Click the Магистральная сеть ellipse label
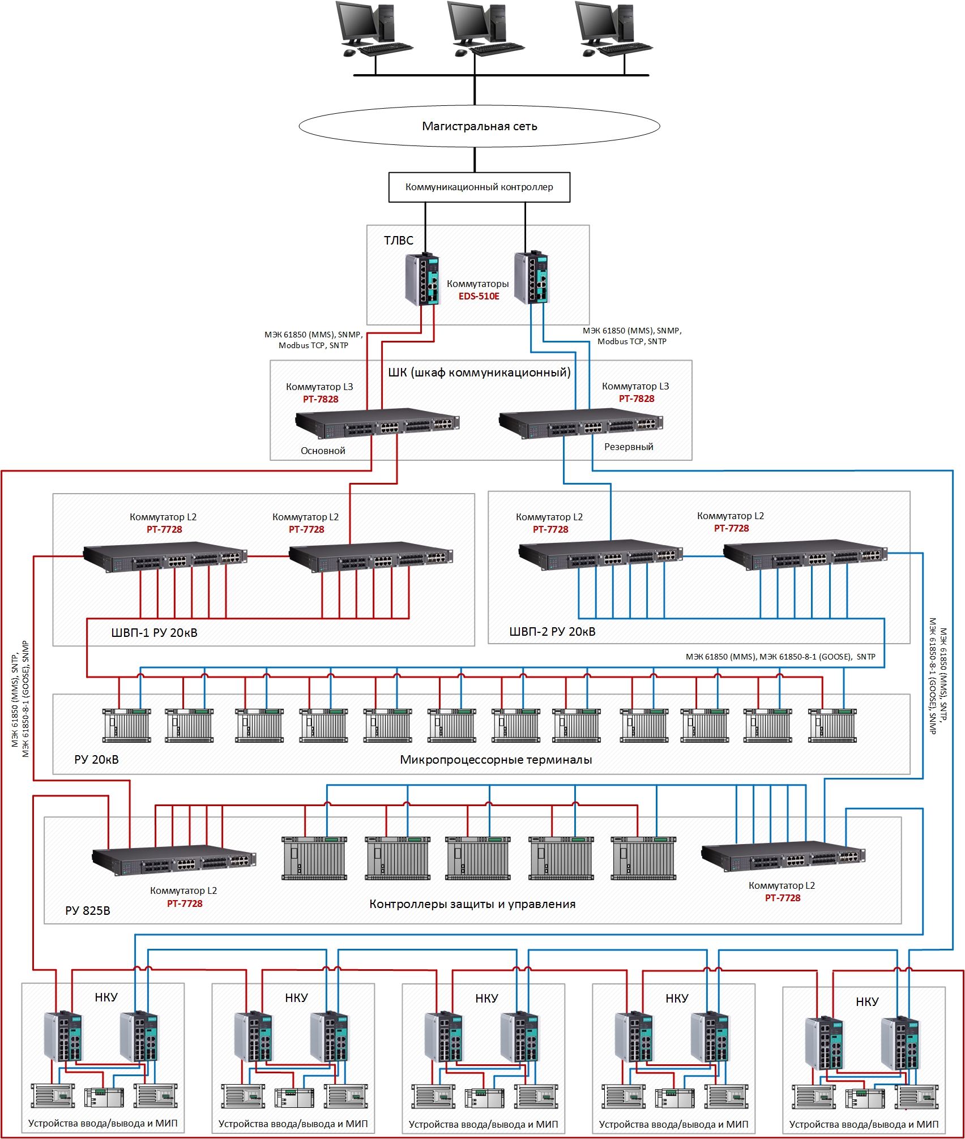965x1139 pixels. click(x=479, y=126)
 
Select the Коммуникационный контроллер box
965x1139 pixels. click(x=479, y=187)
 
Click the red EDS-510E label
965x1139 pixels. click(x=479, y=296)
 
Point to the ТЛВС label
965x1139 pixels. click(x=399, y=241)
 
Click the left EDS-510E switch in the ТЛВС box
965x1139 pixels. click(x=422, y=280)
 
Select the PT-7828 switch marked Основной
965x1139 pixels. click(x=377, y=423)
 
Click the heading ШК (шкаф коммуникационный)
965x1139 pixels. click(x=479, y=372)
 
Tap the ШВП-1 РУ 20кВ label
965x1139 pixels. click(x=154, y=633)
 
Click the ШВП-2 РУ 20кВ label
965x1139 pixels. click(x=552, y=632)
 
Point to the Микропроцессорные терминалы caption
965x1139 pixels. click(x=496, y=760)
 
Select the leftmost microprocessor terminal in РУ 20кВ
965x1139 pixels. click(x=127, y=725)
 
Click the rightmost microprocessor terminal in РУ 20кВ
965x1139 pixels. click(x=832, y=725)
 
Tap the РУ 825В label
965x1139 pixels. click(x=88, y=910)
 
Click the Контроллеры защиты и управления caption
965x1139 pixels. click(x=472, y=904)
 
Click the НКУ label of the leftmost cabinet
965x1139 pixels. click(x=106, y=997)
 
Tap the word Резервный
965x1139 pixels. click(x=629, y=447)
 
